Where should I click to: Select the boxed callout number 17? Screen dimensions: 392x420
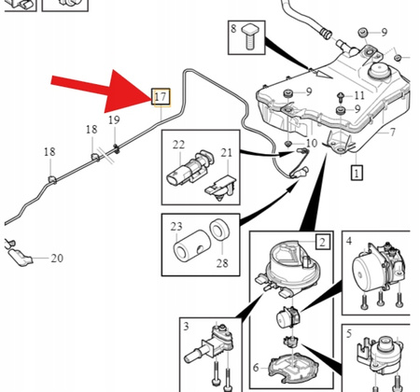pos(160,96)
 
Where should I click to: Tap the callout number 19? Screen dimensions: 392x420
pos(114,121)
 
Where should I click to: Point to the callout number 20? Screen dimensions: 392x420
pos(56,259)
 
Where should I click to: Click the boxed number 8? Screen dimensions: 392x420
pos(234,31)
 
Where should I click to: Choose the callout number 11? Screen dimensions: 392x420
pos(392,132)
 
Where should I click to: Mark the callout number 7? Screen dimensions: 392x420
pos(392,132)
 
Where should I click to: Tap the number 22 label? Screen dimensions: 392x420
pos(177,145)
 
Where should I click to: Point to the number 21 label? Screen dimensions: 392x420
pos(226,152)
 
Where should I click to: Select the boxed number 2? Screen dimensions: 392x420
pos(322,242)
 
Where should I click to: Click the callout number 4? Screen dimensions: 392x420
pos(349,241)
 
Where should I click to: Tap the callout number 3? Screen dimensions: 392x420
pos(187,326)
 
